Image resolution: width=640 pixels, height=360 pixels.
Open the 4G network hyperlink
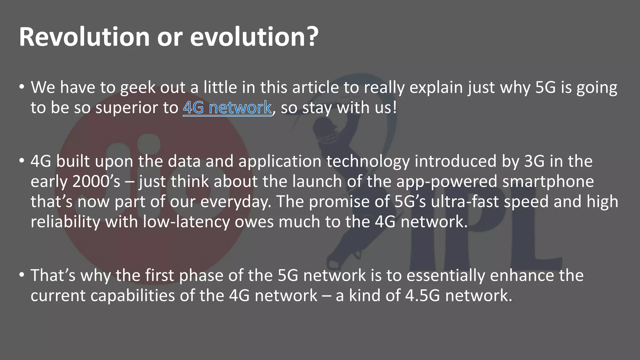coord(227,108)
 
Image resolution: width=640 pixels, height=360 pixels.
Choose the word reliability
coord(65,222)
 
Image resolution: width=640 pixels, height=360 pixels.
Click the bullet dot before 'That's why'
coord(21,275)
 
